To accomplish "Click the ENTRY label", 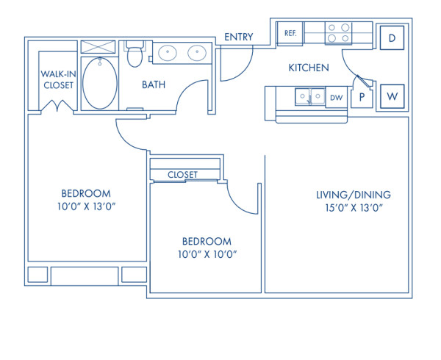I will pos(239,37).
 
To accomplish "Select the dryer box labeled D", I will pos(392,37).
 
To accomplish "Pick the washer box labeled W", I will pos(392,96).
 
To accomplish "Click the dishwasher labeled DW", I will pos(337,97).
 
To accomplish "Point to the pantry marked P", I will pos(362,97).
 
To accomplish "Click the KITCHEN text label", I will pos(308,68).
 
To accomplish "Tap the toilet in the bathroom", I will pos(134,54).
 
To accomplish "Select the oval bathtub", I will pos(99,82).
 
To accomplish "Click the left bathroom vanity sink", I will pos(167,53).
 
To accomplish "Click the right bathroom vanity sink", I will pos(196,53).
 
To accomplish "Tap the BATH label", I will pos(154,84).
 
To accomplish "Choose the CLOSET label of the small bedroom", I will pos(183,174).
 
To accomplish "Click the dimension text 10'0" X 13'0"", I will pos(87,206).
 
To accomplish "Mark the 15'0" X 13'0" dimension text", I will pos(353,208).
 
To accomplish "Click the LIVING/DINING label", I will pos(353,195).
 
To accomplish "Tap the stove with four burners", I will pos(339,34).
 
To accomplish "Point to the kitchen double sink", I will pos(309,96).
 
